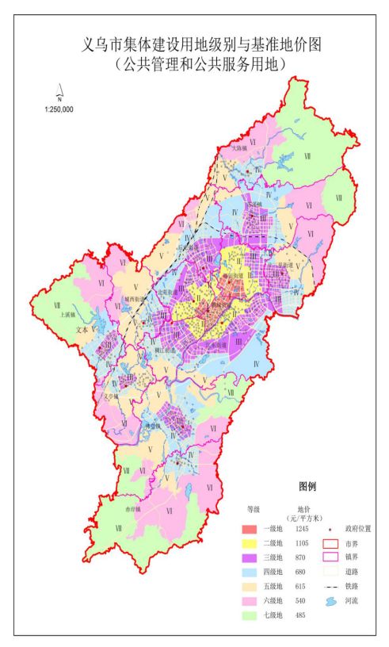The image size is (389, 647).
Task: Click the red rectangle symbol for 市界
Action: click(331, 545)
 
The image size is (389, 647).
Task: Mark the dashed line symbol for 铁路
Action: click(331, 588)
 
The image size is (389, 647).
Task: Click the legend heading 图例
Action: click(307, 486)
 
